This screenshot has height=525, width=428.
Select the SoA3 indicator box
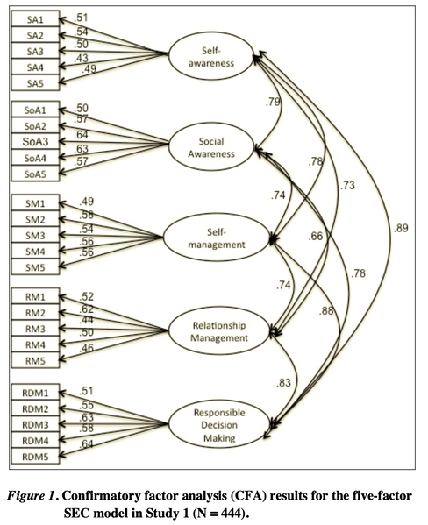click(x=35, y=141)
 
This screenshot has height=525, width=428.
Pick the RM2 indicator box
click(x=35, y=313)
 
